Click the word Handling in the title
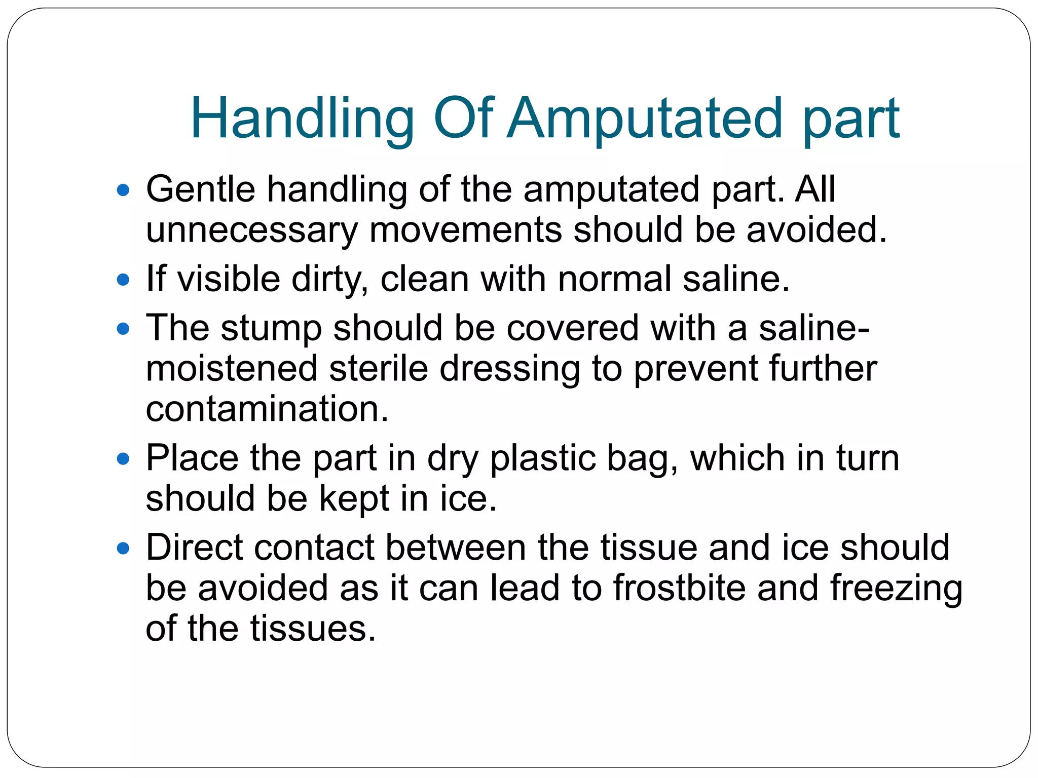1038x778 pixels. pos(302,120)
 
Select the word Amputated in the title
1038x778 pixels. pos(645,120)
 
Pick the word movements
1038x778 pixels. pos(465,229)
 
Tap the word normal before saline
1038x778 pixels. pos(614,279)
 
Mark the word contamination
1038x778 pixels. pos(267,409)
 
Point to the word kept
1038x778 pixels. pos(354,499)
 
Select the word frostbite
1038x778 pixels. pos(679,588)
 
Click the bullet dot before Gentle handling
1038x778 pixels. pos(123,190)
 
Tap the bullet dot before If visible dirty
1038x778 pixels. pos(123,280)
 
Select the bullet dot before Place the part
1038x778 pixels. pos(123,459)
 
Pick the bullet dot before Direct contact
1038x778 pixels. pos(123,549)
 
